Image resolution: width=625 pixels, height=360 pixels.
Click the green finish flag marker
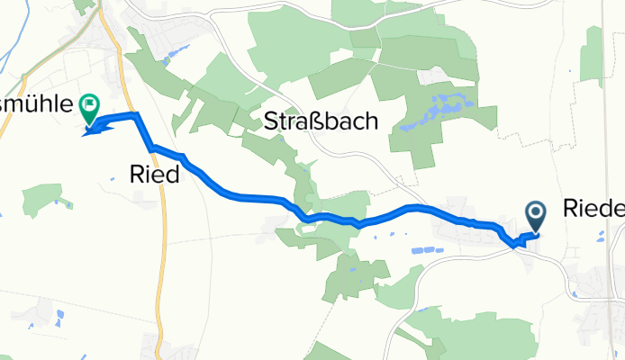89,109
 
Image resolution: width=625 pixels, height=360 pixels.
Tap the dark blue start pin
536,214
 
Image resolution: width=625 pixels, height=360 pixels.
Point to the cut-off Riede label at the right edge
593,210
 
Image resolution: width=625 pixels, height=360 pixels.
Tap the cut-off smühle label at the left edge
35,103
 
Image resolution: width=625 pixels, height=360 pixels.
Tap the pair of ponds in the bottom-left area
59,317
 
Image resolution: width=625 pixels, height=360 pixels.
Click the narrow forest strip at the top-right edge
593,54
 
